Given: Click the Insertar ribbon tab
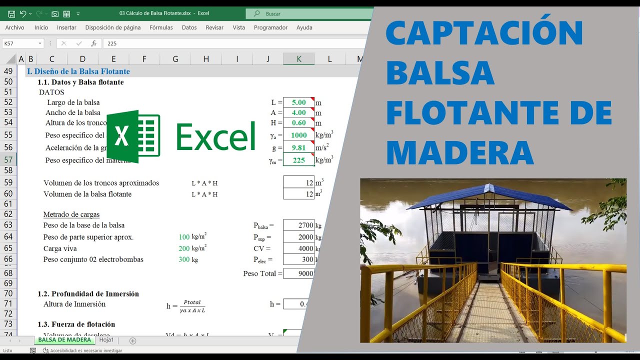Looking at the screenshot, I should pos(66,27).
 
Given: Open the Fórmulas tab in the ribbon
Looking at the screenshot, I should pos(161,27).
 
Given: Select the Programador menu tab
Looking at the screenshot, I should pos(270,27).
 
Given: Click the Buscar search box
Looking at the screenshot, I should pos(310,13).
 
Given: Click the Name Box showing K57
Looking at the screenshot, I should pos(22,43).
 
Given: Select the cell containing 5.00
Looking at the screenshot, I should pos(298,102).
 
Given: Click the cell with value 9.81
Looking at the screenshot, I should pos(298,147).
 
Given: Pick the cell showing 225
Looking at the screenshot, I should pos(298,160).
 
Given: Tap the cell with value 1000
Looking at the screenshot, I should pos(298,135).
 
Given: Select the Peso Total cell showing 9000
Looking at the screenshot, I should pos(298,273).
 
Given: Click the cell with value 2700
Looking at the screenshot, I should pos(298,225).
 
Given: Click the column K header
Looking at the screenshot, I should pos(298,59).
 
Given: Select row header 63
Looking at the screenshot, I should pos(8,225).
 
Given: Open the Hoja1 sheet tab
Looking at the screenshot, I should pos(106,340).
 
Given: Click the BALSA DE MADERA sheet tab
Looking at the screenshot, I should pos(64,340).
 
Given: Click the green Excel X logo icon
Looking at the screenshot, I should pos(133,136).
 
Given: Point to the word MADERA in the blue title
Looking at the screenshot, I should pos(460,153).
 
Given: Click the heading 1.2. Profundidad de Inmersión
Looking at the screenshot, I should pos(88,294).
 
